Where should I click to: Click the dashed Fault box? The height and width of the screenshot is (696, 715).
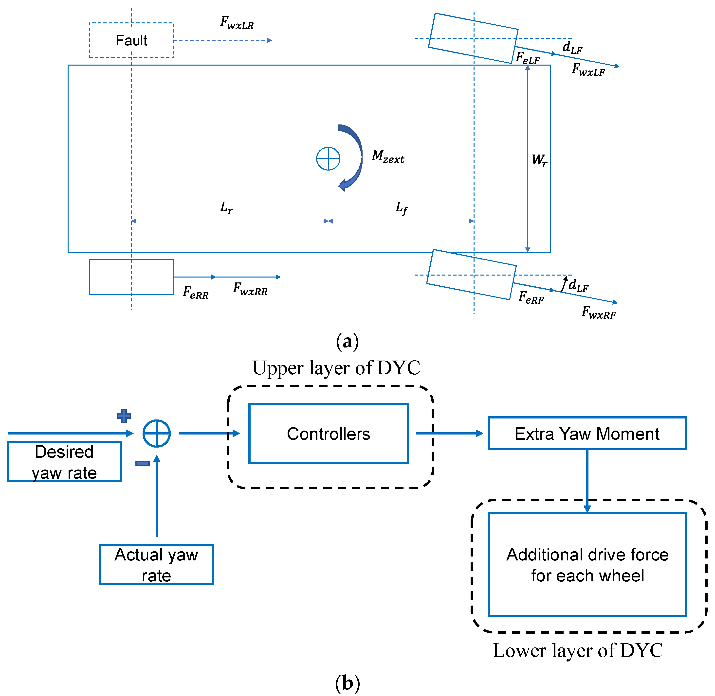pyautogui.click(x=131, y=40)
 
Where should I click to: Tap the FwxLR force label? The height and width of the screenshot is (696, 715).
pyautogui.click(x=237, y=23)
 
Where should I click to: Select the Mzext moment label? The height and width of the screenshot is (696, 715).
pyautogui.click(x=388, y=157)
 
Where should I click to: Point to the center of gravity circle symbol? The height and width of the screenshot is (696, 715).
pyautogui.click(x=328, y=159)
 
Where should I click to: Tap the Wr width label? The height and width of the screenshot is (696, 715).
pyautogui.click(x=539, y=160)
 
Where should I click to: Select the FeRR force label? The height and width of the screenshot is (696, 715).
pyautogui.click(x=196, y=293)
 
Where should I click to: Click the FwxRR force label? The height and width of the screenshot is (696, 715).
pyautogui.click(x=250, y=289)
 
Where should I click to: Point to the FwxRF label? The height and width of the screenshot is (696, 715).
pyautogui.click(x=599, y=312)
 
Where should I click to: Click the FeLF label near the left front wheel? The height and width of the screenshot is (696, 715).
pyautogui.click(x=527, y=58)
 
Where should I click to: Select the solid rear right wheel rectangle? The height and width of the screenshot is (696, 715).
pyautogui.click(x=131, y=277)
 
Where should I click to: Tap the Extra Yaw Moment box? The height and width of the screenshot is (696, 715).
pyautogui.click(x=587, y=434)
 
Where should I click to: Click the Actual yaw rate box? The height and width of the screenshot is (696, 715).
pyautogui.click(x=157, y=565)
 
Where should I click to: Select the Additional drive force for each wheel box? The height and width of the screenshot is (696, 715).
pyautogui.click(x=587, y=565)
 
